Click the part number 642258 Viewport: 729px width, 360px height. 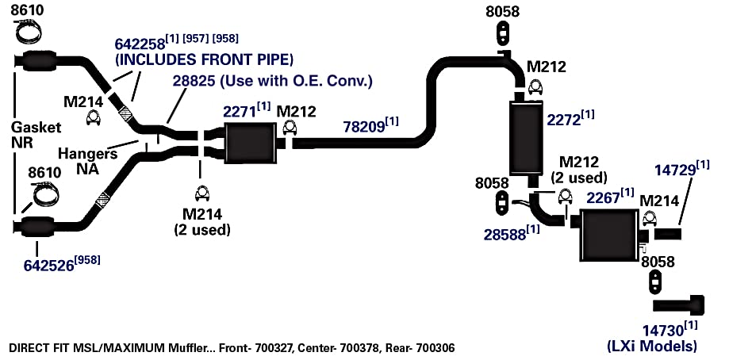click(x=140, y=44)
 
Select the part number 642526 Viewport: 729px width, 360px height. click(x=49, y=265)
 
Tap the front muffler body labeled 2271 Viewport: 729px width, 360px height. click(x=249, y=143)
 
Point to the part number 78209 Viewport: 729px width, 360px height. click(x=364, y=127)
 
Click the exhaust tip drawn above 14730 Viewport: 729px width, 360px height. click(x=678, y=305)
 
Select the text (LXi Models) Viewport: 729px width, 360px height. click(x=652, y=346)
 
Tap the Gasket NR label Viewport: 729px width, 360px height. click(x=36, y=134)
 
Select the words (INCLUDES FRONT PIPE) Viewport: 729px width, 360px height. click(x=204, y=59)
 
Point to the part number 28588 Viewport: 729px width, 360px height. click(x=505, y=234)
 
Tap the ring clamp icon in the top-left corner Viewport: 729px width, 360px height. click(x=29, y=31)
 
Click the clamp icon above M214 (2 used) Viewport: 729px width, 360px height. click(x=202, y=193)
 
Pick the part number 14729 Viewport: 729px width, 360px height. click(x=675, y=170)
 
